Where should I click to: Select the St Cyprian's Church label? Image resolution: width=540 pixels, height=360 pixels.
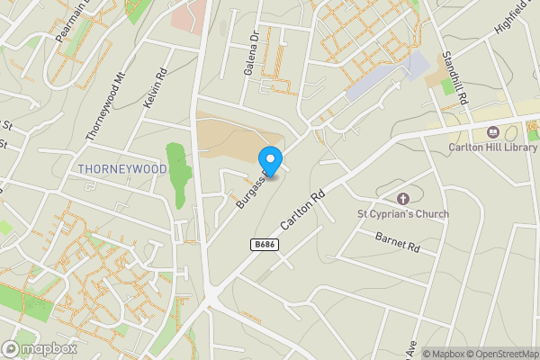[402, 214]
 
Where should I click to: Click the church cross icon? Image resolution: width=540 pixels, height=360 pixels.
[402, 198]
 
